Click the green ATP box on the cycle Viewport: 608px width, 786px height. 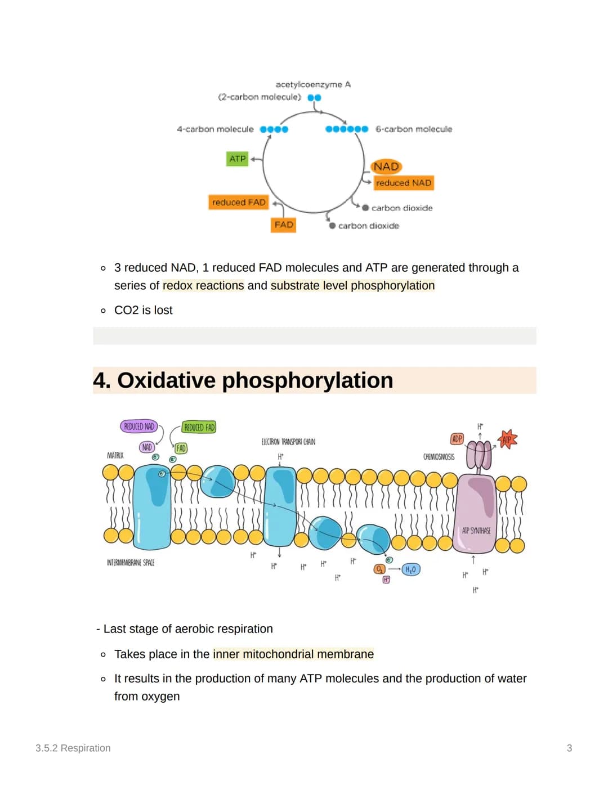pyautogui.click(x=238, y=159)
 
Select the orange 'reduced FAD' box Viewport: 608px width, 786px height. pyautogui.click(x=238, y=202)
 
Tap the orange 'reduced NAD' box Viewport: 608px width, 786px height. pyautogui.click(x=404, y=183)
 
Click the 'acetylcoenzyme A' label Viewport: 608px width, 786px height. pyautogui.click(x=313, y=84)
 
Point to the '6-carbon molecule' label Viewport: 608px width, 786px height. pyautogui.click(x=414, y=129)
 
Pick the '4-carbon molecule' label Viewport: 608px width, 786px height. pyautogui.click(x=215, y=129)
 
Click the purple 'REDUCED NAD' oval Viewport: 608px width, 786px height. pyautogui.click(x=138, y=426)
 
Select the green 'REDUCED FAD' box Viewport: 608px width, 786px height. pyautogui.click(x=199, y=427)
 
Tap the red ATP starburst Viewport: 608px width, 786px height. pyautogui.click(x=507, y=439)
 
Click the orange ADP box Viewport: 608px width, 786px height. pyautogui.click(x=457, y=439)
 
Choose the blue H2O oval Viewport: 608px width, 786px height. pyautogui.click(x=410, y=569)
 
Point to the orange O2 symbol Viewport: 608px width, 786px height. pyautogui.click(x=379, y=569)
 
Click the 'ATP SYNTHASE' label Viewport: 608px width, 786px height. pyautogui.click(x=476, y=531)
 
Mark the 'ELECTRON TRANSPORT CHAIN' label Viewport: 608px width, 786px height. pyautogui.click(x=288, y=442)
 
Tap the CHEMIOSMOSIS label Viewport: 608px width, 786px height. pyautogui.click(x=439, y=457)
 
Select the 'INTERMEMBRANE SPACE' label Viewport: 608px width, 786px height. pyautogui.click(x=131, y=563)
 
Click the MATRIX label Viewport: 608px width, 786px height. pyautogui.click(x=115, y=455)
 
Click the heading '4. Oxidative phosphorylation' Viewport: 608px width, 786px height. pyautogui.click(x=243, y=380)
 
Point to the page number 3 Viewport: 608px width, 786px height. pyautogui.click(x=569, y=748)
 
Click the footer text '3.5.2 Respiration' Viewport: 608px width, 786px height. pyautogui.click(x=73, y=748)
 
